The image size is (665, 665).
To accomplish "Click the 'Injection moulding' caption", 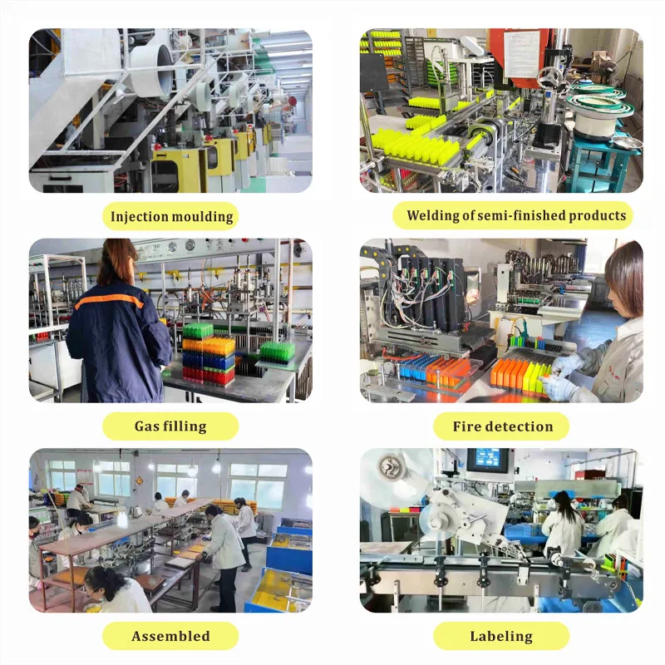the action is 171,216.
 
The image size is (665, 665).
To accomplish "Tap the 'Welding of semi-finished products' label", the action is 516,215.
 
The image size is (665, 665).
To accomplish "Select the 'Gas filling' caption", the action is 170,426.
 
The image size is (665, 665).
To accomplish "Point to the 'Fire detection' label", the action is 503,426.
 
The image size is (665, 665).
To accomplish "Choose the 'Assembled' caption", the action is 170,636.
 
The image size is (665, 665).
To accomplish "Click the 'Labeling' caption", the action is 501,636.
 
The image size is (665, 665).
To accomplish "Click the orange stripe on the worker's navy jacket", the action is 109,300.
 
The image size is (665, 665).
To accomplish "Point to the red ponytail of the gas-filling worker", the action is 116,261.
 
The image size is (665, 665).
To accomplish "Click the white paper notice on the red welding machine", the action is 522,54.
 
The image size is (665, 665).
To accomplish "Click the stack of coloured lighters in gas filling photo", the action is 209,354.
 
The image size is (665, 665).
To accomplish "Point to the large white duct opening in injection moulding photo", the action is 158,69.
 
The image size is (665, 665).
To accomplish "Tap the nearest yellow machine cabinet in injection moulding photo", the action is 179,170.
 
